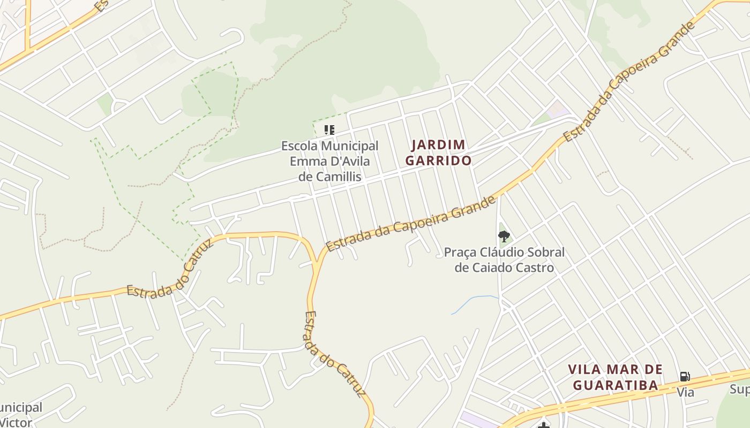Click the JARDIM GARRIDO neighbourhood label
[x=438, y=152]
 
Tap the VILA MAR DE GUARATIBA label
[x=616, y=377]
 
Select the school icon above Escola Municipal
[x=329, y=129]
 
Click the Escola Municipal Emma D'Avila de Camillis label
[x=329, y=160]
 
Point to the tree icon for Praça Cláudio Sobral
[x=504, y=236]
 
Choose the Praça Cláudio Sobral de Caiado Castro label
[x=504, y=259]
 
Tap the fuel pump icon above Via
[x=685, y=377]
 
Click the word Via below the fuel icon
[x=685, y=392]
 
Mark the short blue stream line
[x=474, y=303]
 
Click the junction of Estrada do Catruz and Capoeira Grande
[x=318, y=261]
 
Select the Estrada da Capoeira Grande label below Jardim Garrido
[x=411, y=224]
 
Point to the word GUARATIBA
[x=616, y=385]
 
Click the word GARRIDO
[x=438, y=160]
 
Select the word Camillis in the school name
[x=337, y=177]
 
